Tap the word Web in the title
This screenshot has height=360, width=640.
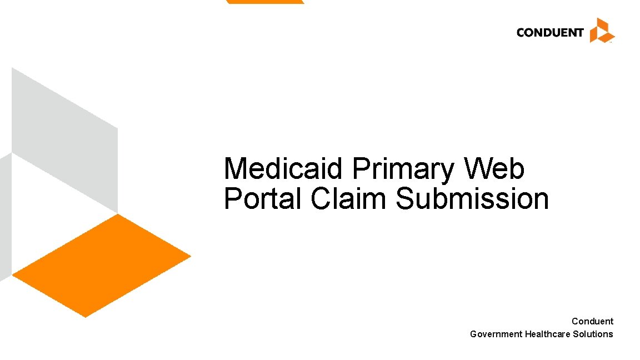(495, 169)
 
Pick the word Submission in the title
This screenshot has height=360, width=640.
(472, 199)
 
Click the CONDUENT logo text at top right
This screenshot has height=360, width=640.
(549, 32)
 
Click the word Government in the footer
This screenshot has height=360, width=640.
(496, 334)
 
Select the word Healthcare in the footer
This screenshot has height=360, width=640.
(548, 334)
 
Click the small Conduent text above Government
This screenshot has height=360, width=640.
(592, 321)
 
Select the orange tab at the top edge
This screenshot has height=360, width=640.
(265, 2)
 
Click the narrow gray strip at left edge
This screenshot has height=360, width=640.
(5, 217)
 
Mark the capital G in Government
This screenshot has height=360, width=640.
(473, 334)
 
